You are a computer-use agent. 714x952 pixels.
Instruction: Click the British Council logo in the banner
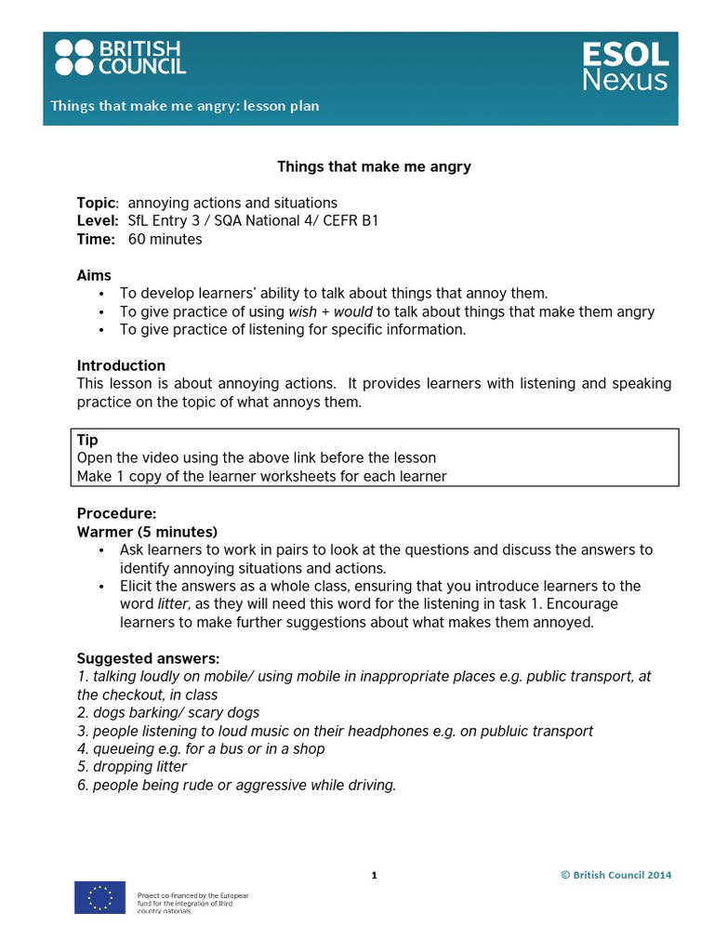tap(120, 58)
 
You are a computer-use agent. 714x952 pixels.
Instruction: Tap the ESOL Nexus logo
tap(624, 66)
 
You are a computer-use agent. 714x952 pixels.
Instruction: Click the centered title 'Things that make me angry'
tap(374, 166)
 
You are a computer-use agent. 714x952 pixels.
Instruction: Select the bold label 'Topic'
tap(97, 203)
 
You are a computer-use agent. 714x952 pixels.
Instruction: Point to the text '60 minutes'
tap(165, 239)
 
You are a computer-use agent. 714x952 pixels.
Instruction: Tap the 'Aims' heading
tap(94, 275)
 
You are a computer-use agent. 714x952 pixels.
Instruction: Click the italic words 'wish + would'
tap(331, 311)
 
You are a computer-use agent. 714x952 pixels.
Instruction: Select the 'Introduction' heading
tap(121, 365)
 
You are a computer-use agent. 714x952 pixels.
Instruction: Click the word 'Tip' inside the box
tap(87, 440)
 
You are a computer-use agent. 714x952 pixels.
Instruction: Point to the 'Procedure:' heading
tap(117, 513)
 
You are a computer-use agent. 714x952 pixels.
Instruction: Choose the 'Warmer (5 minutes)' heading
tap(147, 532)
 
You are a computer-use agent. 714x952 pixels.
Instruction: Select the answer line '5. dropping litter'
tap(132, 767)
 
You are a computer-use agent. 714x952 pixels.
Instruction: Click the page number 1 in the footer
tap(374, 875)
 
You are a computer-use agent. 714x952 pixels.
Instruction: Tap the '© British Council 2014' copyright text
tap(615, 875)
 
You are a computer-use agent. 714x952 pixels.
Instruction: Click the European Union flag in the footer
tap(100, 897)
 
